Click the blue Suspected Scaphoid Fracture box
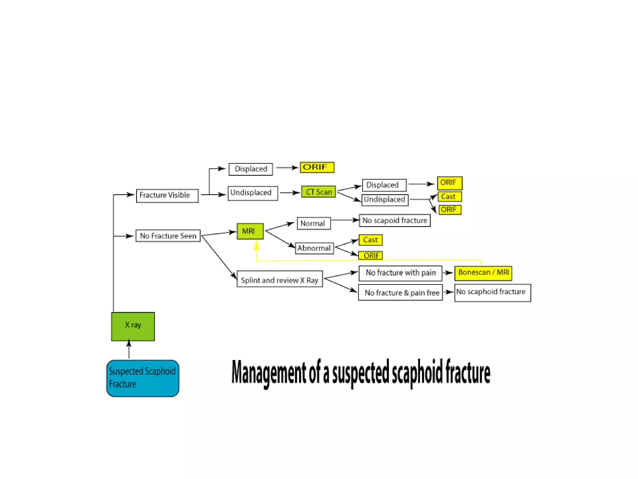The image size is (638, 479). point(143,378)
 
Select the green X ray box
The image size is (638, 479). point(133,326)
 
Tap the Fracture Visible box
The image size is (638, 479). point(167,196)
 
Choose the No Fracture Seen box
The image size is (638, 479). point(168,236)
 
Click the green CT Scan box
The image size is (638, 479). point(318,192)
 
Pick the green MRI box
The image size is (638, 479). point(250,231)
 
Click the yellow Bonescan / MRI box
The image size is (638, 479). point(483,273)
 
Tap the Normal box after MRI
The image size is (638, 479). point(313,223)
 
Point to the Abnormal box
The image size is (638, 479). point(314,248)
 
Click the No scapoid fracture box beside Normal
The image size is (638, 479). point(394,220)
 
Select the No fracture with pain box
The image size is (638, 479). point(400,273)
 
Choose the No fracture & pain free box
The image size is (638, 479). point(400,293)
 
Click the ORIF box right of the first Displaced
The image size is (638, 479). point(317,167)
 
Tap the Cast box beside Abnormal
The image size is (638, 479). point(370,240)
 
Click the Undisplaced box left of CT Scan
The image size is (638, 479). point(253,193)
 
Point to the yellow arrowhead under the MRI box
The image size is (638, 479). point(256,246)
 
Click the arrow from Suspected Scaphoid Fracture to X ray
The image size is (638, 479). point(129,349)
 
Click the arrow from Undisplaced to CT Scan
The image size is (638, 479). point(290,193)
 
